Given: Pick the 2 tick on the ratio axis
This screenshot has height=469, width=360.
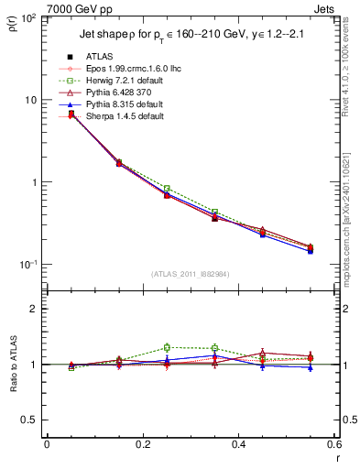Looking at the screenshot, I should pyautogui.click(x=35, y=309).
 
